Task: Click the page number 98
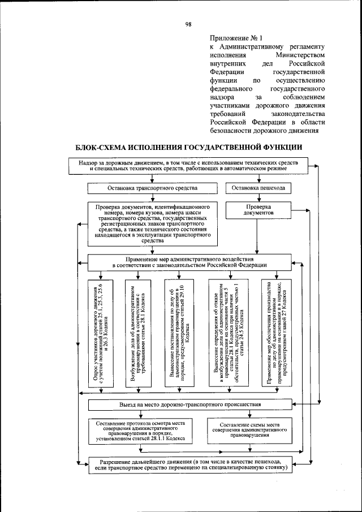[188, 24]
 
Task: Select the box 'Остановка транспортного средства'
[153, 187]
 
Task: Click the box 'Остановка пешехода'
[258, 187]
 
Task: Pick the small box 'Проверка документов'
[258, 211]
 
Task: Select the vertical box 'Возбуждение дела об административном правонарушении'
[141, 332]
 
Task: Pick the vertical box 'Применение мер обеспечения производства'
[276, 332]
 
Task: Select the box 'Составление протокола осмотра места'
[140, 430]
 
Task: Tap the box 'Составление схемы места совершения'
[248, 430]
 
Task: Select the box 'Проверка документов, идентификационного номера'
[153, 223]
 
